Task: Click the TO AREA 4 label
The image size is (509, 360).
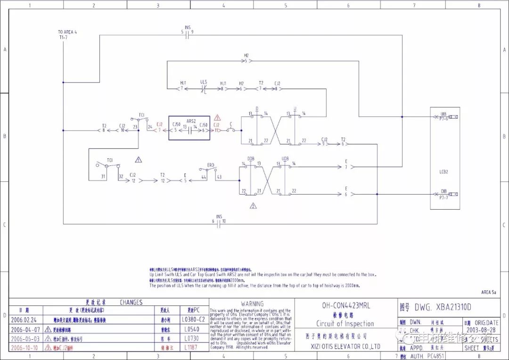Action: [x=67, y=32]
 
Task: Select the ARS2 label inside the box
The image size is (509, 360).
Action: [x=191, y=121]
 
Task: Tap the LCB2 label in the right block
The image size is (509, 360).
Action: [x=443, y=172]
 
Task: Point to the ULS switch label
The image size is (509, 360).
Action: [x=204, y=82]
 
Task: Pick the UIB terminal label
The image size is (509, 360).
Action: [x=443, y=114]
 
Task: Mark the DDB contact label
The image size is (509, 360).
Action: [x=251, y=159]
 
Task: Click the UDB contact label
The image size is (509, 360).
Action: [x=285, y=159]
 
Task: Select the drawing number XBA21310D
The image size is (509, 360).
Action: [x=443, y=307]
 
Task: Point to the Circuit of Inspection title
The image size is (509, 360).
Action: [x=345, y=324]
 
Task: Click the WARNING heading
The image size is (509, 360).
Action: [x=252, y=304]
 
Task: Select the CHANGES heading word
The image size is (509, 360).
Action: [x=131, y=302]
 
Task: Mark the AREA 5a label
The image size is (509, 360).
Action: [x=489, y=292]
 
